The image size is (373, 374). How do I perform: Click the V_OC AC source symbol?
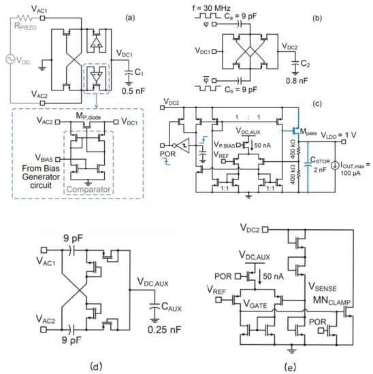click(10, 59)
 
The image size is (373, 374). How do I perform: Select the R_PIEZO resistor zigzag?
click(24, 18)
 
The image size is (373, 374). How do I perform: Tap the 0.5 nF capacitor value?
click(133, 91)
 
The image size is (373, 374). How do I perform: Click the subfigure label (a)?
click(130, 18)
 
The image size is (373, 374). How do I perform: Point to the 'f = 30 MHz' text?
click(211, 8)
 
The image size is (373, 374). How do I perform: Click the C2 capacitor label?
click(305, 63)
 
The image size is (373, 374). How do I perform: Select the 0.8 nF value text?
click(297, 81)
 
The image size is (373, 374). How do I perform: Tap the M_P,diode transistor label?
click(88, 116)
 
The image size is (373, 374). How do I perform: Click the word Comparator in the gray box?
click(88, 190)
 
